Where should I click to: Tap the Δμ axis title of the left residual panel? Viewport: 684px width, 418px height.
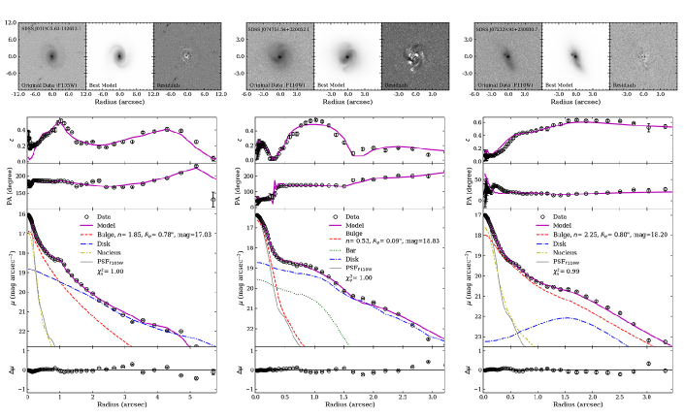click(x=12, y=371)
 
